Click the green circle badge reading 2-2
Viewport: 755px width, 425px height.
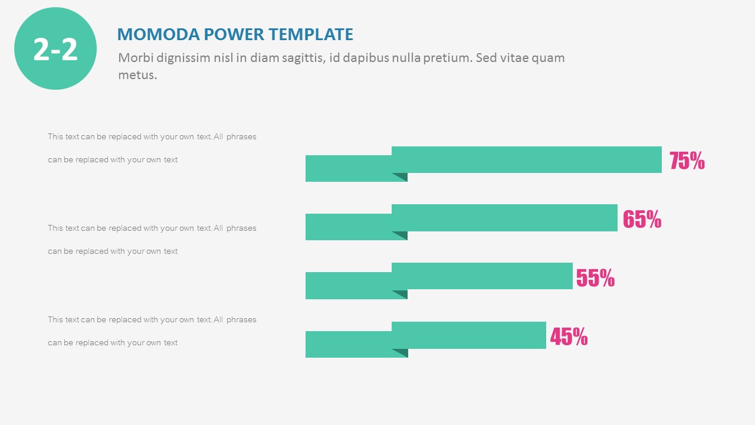pyautogui.click(x=55, y=48)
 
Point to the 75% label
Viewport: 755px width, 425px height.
pyautogui.click(x=687, y=161)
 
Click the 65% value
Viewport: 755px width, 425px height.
pyautogui.click(x=642, y=219)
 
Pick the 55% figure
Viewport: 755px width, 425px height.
pyautogui.click(x=595, y=277)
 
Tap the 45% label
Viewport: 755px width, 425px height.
pyautogui.click(x=569, y=336)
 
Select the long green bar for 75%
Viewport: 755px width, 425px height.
pyautogui.click(x=526, y=159)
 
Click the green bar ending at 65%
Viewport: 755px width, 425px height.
pyautogui.click(x=504, y=218)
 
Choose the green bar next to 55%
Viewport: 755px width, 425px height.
pyautogui.click(x=482, y=276)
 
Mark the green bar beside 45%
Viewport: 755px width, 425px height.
pyautogui.click(x=469, y=335)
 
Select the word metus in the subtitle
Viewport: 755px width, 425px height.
pyautogui.click(x=137, y=75)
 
